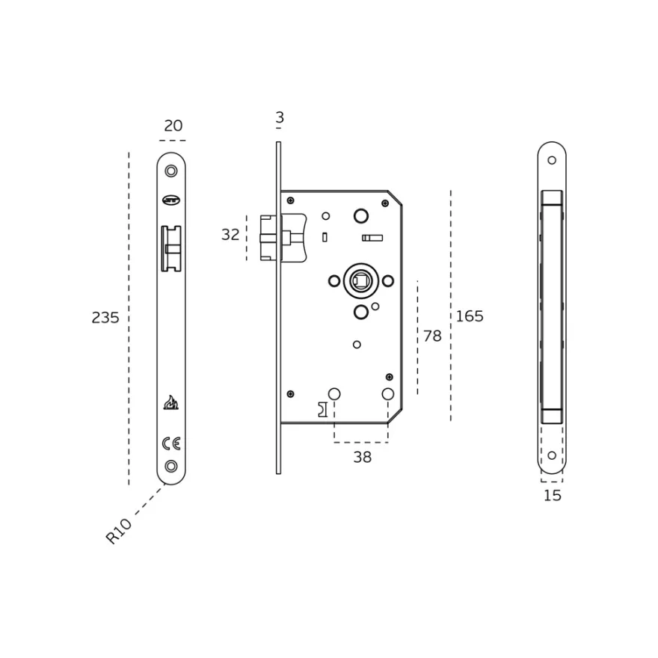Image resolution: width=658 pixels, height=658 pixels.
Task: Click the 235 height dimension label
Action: (105, 318)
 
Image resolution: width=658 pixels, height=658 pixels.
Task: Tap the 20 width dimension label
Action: (173, 126)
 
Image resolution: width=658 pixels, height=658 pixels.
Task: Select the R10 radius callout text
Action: (118, 531)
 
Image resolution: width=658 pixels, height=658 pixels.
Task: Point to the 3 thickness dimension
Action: (280, 117)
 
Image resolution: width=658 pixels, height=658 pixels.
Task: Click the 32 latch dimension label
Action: (230, 235)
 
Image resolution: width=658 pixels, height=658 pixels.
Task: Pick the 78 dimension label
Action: (432, 336)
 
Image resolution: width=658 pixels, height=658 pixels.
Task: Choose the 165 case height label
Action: (470, 316)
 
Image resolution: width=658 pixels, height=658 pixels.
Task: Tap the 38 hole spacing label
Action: (362, 457)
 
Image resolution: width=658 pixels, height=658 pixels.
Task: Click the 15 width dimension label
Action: (553, 496)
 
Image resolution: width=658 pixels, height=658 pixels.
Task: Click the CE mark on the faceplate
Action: (171, 443)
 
